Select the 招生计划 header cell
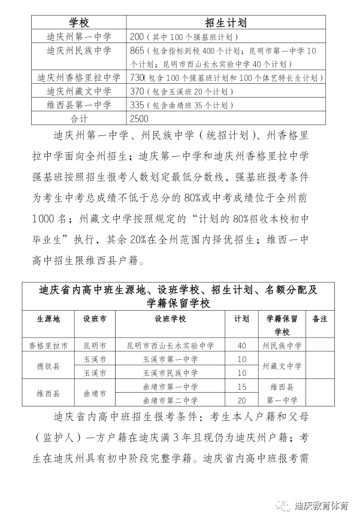[230, 23]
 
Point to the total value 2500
[139, 119]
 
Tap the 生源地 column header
[49, 319]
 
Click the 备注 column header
[320, 319]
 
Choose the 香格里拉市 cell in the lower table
[49, 345]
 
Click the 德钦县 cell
[49, 366]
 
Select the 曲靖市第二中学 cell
[171, 400]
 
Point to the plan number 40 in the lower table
[242, 345]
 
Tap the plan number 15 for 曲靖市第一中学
[242, 387]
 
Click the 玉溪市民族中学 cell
[171, 373]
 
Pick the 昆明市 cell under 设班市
[95, 345]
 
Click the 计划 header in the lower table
[242, 319]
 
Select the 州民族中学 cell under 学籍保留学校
[282, 345]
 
